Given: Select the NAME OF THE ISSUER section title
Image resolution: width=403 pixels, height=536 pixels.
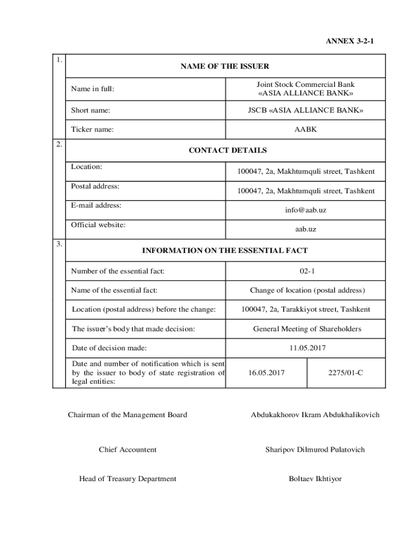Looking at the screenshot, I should pos(225,66).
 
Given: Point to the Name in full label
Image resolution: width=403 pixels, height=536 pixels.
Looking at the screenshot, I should pos(93,89).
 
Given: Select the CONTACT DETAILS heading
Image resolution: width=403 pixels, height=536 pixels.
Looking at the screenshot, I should pos(227,150).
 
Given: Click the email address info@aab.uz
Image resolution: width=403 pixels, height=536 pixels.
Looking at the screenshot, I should pos(306,210).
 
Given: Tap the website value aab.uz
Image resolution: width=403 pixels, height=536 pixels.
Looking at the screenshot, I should pos(306,229).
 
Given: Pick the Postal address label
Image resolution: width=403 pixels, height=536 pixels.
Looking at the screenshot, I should pos(95,186).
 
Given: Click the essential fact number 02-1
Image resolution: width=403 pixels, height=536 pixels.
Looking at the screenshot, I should pos(306,271).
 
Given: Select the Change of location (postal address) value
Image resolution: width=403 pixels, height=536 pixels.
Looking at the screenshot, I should pos(307,290).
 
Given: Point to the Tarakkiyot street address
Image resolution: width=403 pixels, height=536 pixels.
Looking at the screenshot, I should pos(306,309).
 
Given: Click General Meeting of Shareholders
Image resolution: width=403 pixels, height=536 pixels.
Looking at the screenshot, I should pos(307,329).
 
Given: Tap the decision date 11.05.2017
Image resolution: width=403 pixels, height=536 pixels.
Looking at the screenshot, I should pos(306,348).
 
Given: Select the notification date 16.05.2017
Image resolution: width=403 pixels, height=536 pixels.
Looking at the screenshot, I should pos(266,373).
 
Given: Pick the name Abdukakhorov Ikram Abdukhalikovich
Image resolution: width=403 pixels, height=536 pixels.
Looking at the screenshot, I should pos(315,415).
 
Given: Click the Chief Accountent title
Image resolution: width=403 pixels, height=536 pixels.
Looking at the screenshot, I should pos(127,450).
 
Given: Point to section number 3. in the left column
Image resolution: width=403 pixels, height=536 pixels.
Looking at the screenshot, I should pos(60,244).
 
